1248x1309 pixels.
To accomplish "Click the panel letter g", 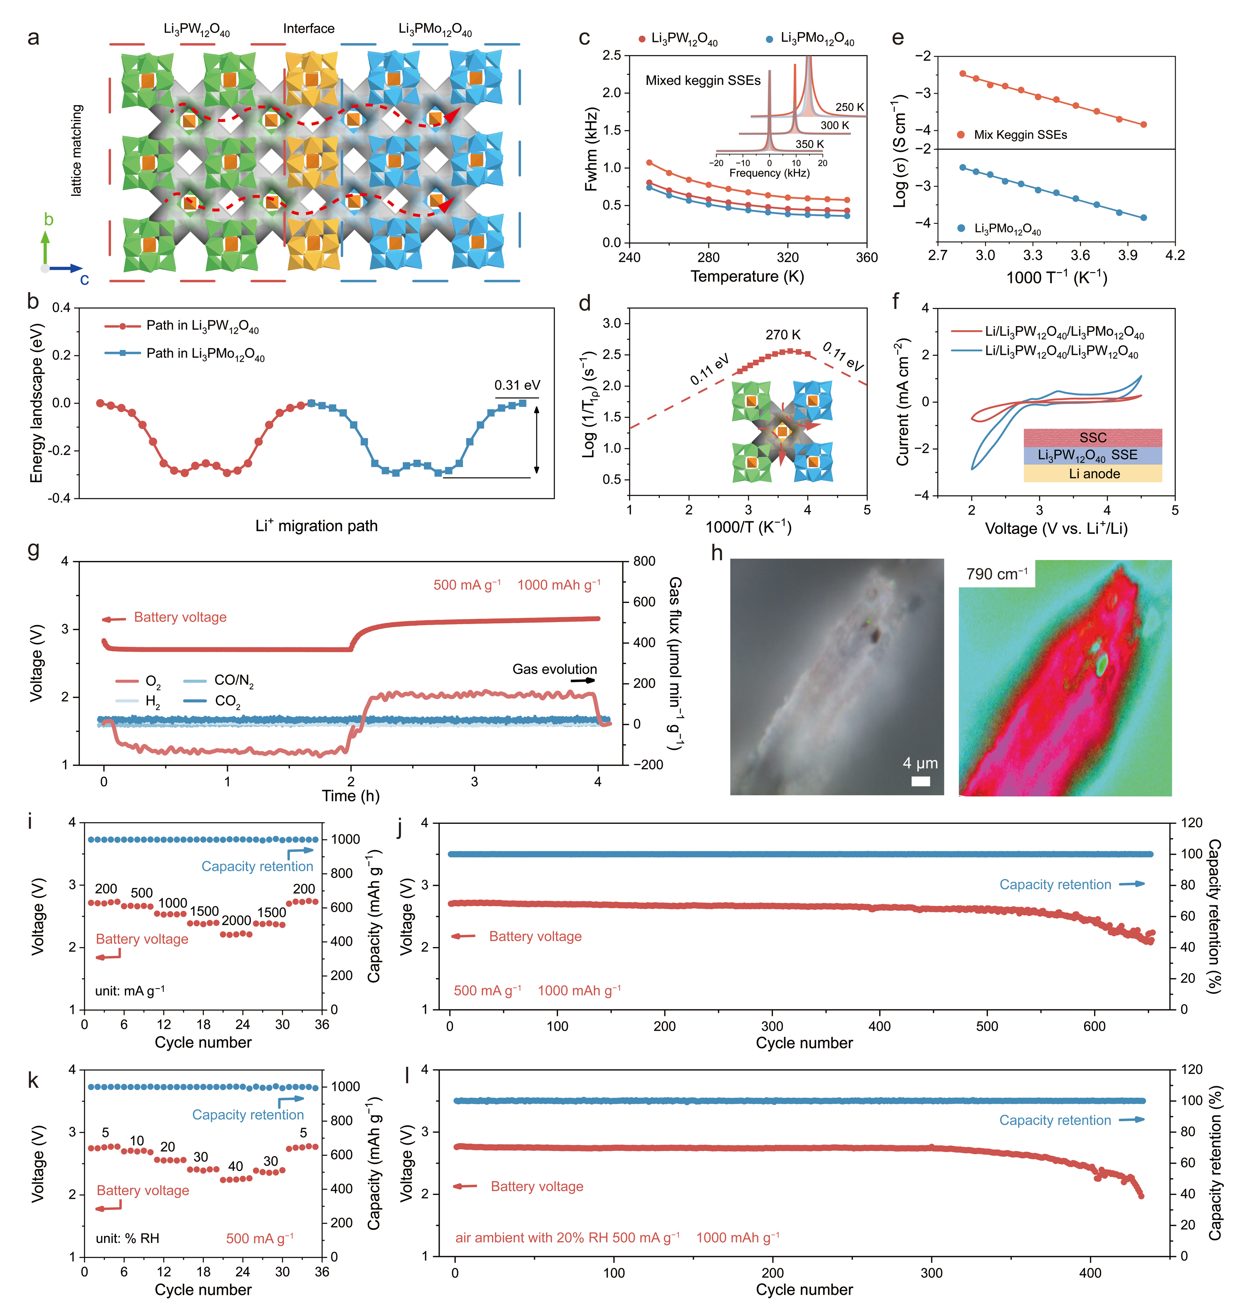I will [x=33, y=551].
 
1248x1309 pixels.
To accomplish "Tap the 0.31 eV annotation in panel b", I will [x=517, y=385].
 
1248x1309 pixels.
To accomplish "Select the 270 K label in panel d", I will [x=782, y=335].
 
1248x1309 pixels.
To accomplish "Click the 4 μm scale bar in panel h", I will [x=920, y=781].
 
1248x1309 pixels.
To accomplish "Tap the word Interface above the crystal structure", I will [x=309, y=29].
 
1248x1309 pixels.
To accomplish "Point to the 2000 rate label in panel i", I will [x=236, y=920].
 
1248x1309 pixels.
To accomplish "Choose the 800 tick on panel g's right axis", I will [x=644, y=561].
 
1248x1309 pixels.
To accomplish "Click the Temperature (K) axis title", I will [x=747, y=276].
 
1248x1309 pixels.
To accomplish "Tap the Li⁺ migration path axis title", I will [x=316, y=526].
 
